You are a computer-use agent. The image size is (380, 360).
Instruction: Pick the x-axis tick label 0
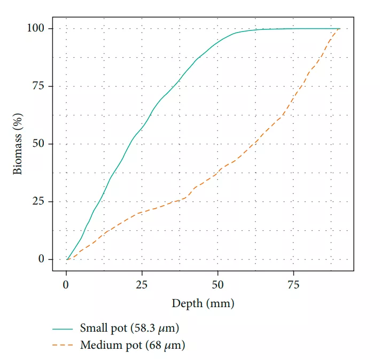(x=66, y=284)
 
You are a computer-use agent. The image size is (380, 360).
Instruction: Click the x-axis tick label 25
(x=142, y=284)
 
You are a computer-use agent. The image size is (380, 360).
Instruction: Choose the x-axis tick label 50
(x=218, y=284)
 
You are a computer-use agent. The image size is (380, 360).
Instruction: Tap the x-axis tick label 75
(x=293, y=284)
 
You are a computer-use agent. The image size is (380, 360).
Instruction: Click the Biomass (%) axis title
(x=18, y=144)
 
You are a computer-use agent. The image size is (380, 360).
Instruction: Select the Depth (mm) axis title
(x=203, y=303)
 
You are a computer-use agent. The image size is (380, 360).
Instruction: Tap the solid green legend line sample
(x=63, y=328)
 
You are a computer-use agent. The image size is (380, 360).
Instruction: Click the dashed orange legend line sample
(x=63, y=346)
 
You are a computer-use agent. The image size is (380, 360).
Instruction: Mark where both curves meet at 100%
(x=339, y=28)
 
